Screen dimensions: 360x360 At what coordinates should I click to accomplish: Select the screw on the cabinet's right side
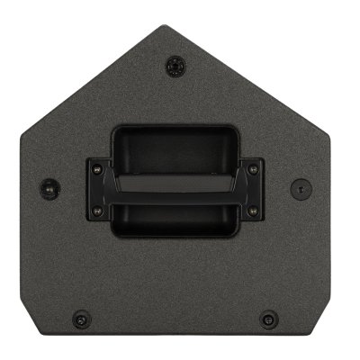point(299,189)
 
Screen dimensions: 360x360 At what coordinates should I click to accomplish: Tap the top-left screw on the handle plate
point(94,166)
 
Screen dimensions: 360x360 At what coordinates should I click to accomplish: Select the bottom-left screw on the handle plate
point(94,213)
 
